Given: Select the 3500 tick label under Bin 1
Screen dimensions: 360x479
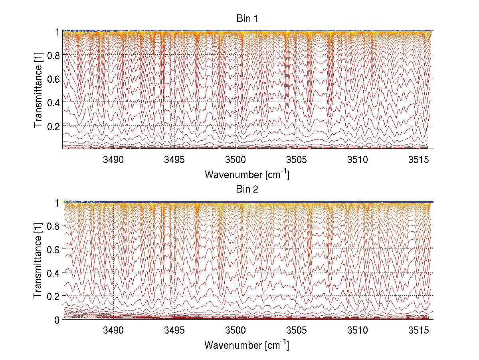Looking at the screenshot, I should [x=236, y=160].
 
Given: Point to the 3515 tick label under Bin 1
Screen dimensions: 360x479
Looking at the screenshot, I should [x=418, y=160].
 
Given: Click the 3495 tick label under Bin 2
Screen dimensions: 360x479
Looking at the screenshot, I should [x=174, y=331].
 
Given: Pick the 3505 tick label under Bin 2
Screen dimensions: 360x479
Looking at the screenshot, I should [x=297, y=331].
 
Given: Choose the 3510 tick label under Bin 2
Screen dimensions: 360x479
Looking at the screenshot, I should [x=358, y=331].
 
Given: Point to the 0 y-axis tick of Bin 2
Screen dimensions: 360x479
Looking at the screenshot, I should [x=57, y=320].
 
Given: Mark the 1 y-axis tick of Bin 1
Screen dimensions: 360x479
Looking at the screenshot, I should [x=57, y=32].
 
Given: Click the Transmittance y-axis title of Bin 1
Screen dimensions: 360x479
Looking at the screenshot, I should [x=38, y=90].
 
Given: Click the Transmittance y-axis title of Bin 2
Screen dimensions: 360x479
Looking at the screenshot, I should [x=38, y=261].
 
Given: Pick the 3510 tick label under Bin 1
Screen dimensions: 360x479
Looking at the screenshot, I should [x=358, y=160].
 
